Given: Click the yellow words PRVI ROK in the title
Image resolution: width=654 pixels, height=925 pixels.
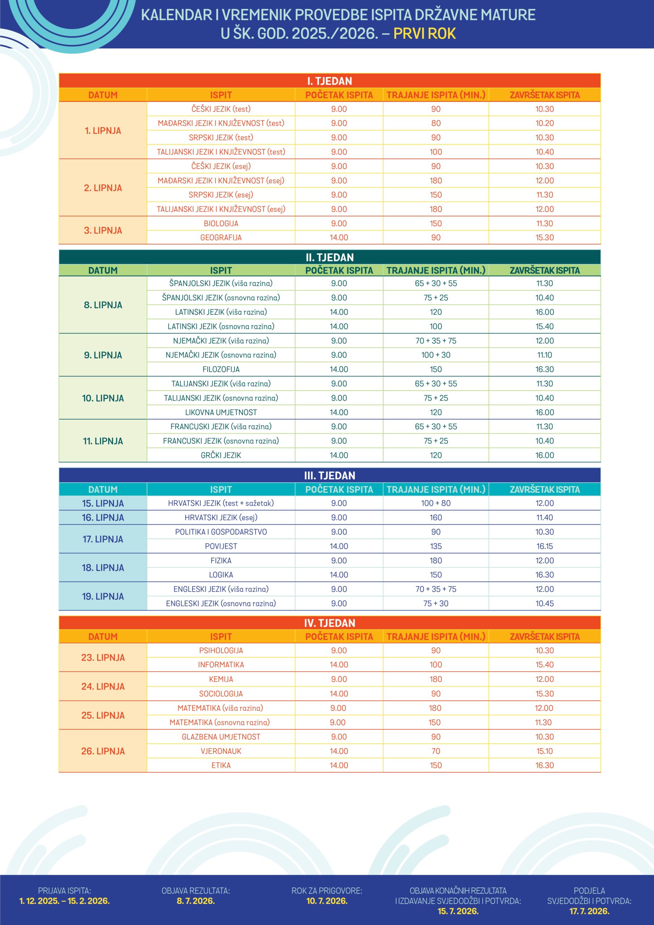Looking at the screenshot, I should [x=424, y=34].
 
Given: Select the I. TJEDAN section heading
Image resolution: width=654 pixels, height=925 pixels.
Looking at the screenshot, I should [x=329, y=81].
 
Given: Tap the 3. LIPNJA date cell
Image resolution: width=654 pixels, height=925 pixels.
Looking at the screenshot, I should [x=103, y=231].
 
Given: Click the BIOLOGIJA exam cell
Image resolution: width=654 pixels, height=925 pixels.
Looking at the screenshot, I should [x=221, y=223].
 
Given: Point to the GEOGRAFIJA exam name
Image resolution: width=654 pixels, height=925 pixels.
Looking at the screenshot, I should [x=221, y=238].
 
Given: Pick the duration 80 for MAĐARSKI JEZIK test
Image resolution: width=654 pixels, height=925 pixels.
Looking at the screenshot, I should [x=436, y=123].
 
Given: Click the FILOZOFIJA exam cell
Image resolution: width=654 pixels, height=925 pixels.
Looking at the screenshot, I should [x=221, y=369].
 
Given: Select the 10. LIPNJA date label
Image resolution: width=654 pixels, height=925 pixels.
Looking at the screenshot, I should [x=103, y=398].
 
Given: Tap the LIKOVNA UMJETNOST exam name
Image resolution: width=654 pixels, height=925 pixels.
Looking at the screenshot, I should [x=221, y=412].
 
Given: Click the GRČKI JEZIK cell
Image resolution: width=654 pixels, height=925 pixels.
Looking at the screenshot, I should [x=221, y=455].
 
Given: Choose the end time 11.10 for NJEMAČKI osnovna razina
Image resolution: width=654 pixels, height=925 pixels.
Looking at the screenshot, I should [x=545, y=355].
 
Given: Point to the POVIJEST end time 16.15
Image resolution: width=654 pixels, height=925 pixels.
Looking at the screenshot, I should [x=545, y=546].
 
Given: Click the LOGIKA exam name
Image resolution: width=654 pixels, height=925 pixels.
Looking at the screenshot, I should [x=221, y=575].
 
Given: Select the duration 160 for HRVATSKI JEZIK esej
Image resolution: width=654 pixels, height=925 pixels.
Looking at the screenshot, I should [x=436, y=518].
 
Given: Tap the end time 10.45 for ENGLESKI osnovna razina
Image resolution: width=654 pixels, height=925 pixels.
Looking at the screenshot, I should [x=545, y=603].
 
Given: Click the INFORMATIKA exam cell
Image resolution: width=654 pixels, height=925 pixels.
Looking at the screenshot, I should [x=221, y=665].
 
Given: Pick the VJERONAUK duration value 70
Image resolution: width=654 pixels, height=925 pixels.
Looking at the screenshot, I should [x=436, y=751].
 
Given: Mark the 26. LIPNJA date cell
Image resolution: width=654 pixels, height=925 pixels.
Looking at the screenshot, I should [x=103, y=751].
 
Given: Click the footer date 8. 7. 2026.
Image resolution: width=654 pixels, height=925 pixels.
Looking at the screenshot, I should [x=195, y=901].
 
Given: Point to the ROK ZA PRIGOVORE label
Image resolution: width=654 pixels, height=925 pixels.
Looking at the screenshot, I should [x=327, y=891].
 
